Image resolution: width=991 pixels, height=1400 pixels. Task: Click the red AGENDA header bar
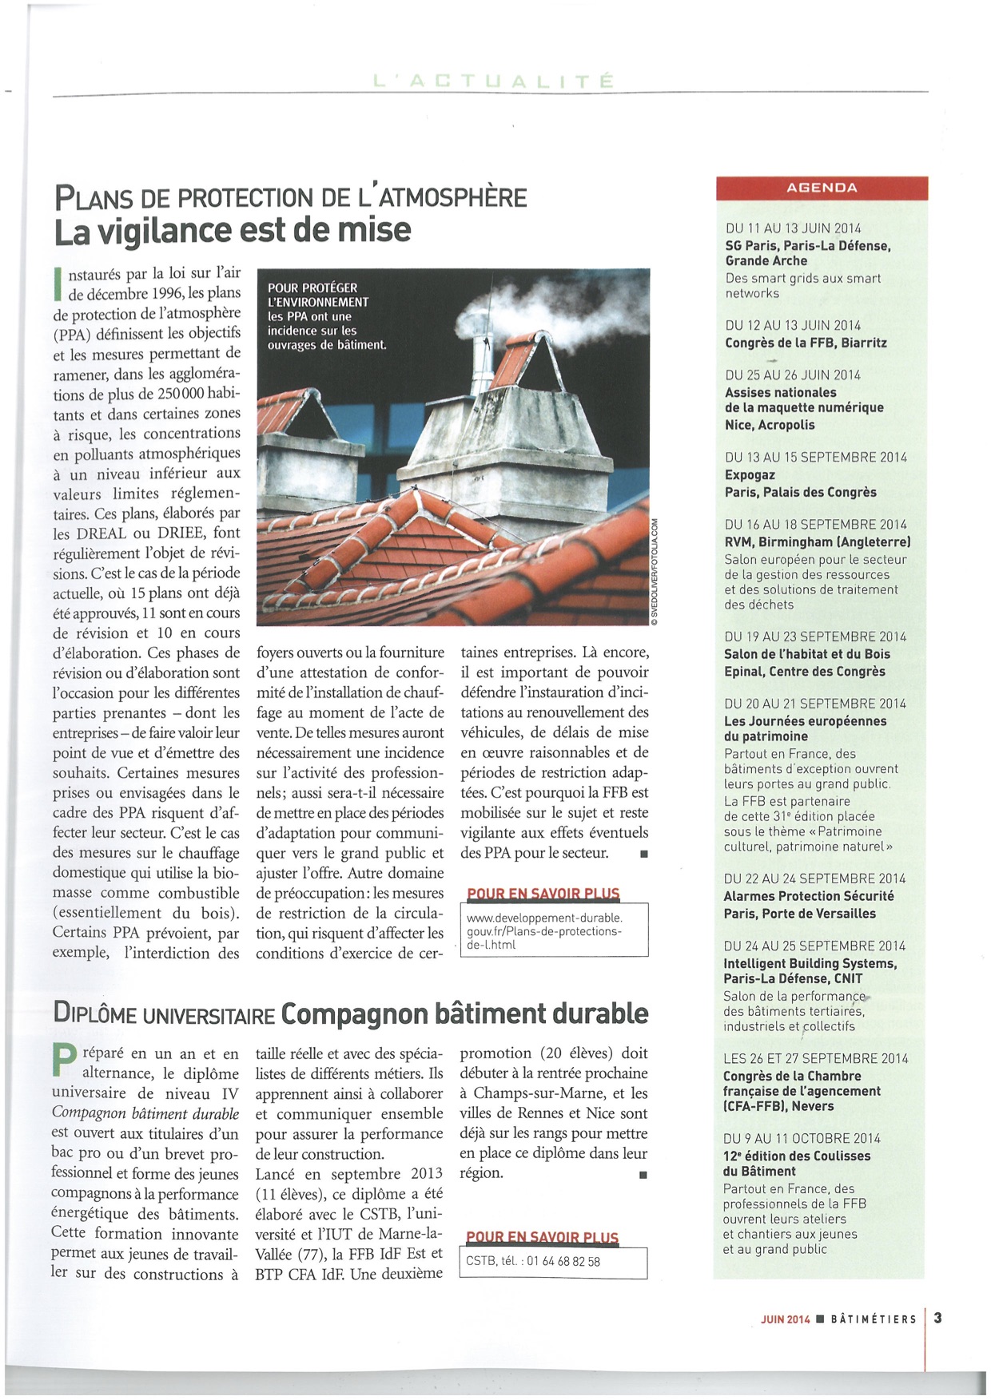[x=822, y=188]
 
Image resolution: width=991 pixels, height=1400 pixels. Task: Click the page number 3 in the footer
[x=937, y=1319]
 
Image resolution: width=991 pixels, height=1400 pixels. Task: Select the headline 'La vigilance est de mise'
[x=233, y=231]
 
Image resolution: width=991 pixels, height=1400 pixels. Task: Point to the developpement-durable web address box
[x=555, y=931]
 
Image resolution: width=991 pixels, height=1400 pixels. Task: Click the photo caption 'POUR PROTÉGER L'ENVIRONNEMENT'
[x=318, y=295]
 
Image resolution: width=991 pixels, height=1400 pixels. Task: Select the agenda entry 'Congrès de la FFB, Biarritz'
[x=806, y=343]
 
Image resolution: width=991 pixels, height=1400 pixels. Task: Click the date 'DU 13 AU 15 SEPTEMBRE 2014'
[x=816, y=458]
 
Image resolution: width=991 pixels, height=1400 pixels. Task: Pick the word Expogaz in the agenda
[x=750, y=475]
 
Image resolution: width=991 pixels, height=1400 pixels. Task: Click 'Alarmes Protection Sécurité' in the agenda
[x=809, y=896]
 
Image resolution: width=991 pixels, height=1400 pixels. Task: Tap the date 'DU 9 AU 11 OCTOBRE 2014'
[x=802, y=1139]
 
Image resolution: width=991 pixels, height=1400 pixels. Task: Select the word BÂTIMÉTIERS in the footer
[x=874, y=1319]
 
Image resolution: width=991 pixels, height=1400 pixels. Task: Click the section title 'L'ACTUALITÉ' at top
[x=494, y=81]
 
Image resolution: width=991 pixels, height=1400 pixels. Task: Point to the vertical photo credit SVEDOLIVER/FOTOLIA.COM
[x=654, y=571]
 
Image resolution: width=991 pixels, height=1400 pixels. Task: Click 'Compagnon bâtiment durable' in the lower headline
[x=464, y=1013]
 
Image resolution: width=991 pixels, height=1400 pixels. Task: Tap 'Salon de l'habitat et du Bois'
[x=807, y=654]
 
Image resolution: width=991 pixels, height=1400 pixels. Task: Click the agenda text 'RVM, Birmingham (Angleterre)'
[x=818, y=542]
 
